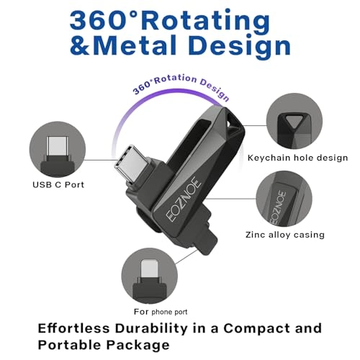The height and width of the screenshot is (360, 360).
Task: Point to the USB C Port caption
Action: [58, 185]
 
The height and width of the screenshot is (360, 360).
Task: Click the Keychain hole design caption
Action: [297, 158]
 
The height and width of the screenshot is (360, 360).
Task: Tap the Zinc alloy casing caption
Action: [285, 235]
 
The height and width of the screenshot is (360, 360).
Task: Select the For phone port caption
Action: [161, 312]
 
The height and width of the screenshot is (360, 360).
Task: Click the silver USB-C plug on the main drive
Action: [132, 163]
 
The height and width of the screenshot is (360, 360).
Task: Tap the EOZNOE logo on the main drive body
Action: [184, 199]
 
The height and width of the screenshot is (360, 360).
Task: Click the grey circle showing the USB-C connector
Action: [58, 149]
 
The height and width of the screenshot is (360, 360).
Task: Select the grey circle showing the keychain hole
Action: [294, 122]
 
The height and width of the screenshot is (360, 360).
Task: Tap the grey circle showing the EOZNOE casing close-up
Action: [284, 199]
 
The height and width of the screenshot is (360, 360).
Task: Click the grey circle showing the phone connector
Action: [150, 276]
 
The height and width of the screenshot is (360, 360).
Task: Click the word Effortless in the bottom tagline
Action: [73, 328]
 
